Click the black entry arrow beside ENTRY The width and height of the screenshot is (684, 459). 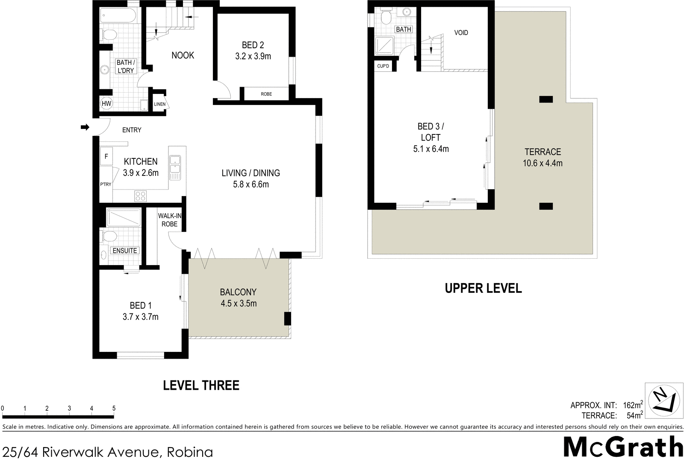pyautogui.click(x=85, y=127)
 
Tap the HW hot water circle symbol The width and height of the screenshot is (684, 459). pyautogui.click(x=106, y=103)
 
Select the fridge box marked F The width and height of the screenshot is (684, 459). pyautogui.click(x=106, y=157)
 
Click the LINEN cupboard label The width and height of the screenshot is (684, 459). pyautogui.click(x=159, y=104)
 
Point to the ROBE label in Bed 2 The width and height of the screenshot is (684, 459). pyautogui.click(x=266, y=94)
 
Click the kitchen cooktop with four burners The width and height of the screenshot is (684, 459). pyautogui.click(x=140, y=196)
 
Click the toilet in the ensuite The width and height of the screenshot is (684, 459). pyautogui.click(x=109, y=236)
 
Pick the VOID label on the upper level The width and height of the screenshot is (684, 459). pyautogui.click(x=461, y=32)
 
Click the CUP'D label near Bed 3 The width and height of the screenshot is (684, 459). pyautogui.click(x=383, y=66)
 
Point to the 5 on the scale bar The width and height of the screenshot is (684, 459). pyautogui.click(x=114, y=408)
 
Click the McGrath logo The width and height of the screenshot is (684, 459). pyautogui.click(x=623, y=447)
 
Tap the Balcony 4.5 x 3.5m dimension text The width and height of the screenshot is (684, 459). pyautogui.click(x=239, y=304)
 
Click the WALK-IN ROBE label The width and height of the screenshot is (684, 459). pyautogui.click(x=169, y=220)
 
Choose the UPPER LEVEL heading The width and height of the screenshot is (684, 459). pyautogui.click(x=483, y=288)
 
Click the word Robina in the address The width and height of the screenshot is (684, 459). pyautogui.click(x=190, y=452)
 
